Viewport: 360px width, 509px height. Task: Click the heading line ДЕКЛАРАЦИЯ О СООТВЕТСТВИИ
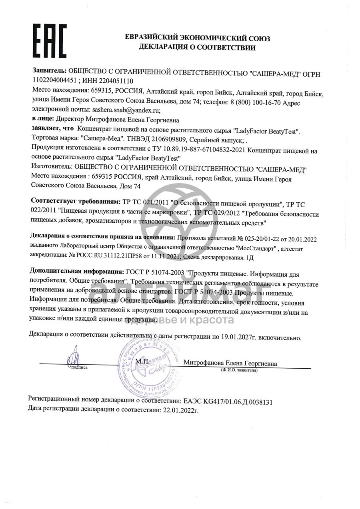click(x=197, y=48)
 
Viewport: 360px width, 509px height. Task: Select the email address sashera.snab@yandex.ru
click(x=126, y=109)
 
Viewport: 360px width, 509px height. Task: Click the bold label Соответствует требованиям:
click(x=75, y=200)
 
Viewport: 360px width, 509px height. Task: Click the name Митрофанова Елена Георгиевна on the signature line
click(x=230, y=363)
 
